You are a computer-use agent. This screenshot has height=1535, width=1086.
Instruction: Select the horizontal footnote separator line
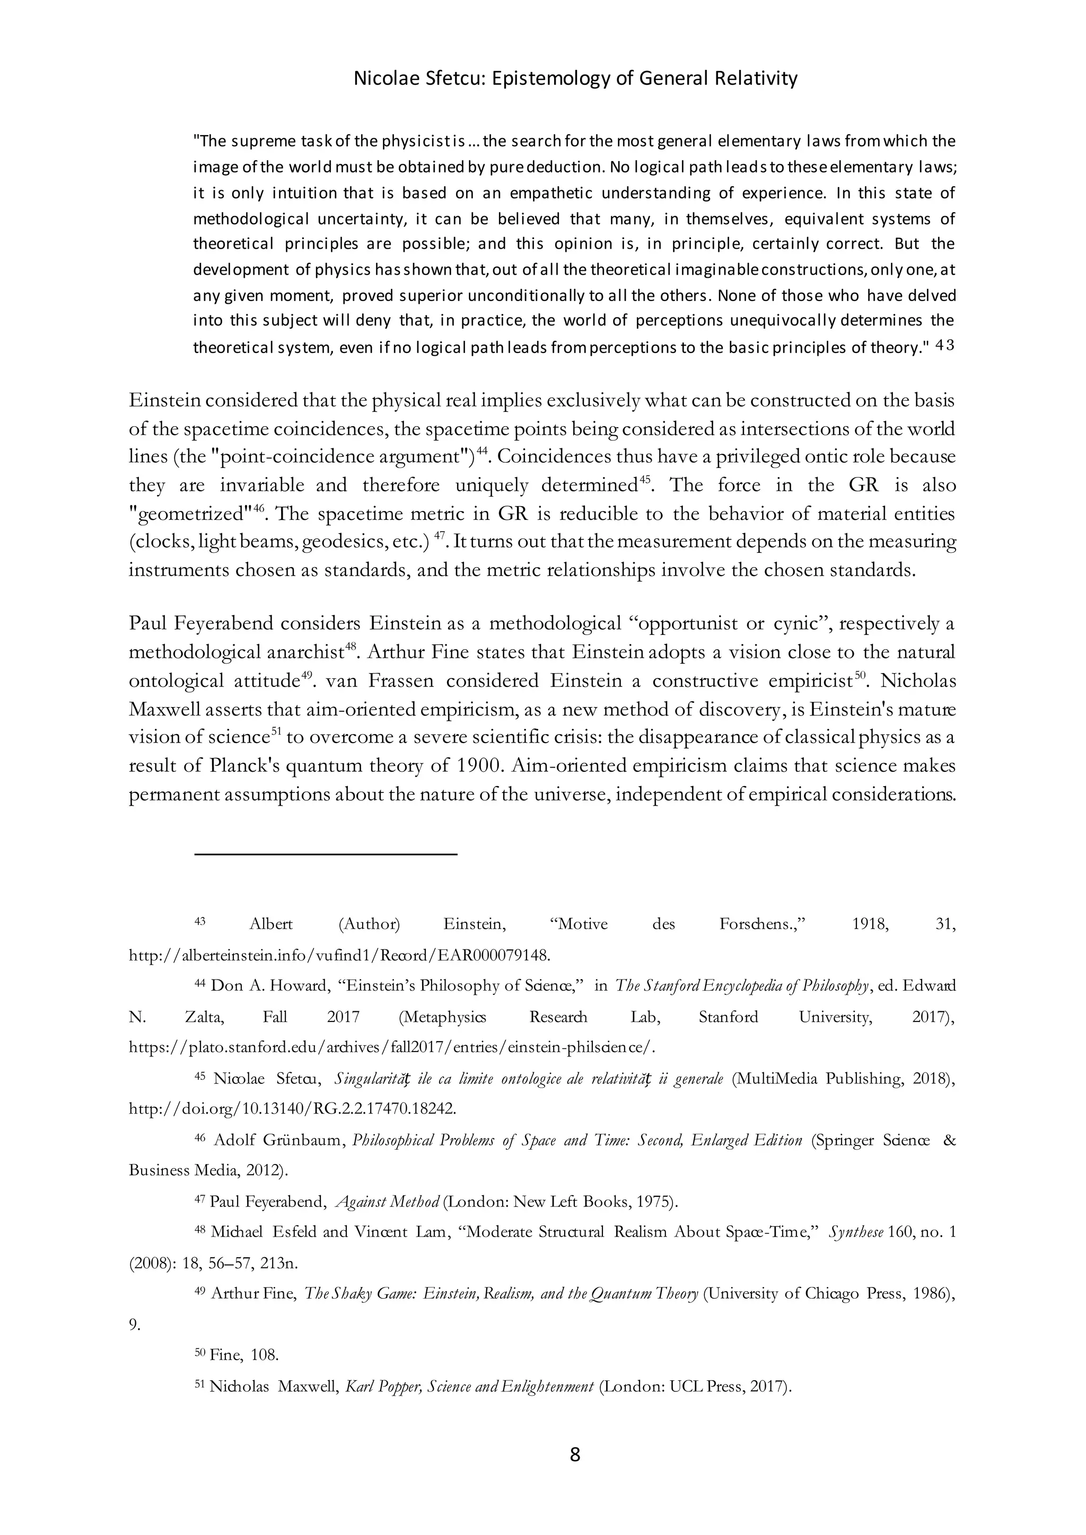[x=326, y=854]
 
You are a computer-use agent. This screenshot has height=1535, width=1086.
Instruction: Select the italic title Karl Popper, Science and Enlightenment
[x=469, y=1386]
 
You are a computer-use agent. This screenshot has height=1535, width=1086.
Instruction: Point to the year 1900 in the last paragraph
[x=477, y=765]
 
